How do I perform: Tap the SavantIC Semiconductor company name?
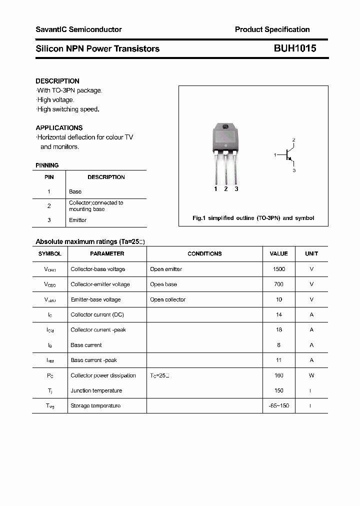pyautogui.click(x=78, y=29)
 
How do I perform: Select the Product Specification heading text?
pyautogui.click(x=272, y=29)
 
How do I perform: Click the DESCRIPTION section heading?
pyautogui.click(x=57, y=81)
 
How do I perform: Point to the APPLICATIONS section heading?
pyautogui.click(x=59, y=127)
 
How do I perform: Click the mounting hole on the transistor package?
pyautogui.click(x=225, y=127)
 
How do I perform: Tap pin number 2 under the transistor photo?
pyautogui.click(x=226, y=189)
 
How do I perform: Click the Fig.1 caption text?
pyautogui.click(x=253, y=218)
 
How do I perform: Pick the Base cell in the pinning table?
pyautogui.click(x=75, y=191)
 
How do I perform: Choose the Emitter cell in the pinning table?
pyautogui.click(x=78, y=220)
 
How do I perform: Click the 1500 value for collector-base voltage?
pyautogui.click(x=279, y=269)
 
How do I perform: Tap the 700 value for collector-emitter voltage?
pyautogui.click(x=279, y=284)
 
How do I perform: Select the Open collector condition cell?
pyautogui.click(x=167, y=299)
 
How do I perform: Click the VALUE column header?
pyautogui.click(x=279, y=253)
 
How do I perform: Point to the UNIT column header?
pyautogui.click(x=311, y=253)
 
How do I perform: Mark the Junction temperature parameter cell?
pyautogui.click(x=96, y=390)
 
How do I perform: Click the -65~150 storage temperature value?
pyautogui.click(x=279, y=405)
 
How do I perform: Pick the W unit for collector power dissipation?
pyautogui.click(x=311, y=375)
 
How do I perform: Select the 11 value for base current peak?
pyautogui.click(x=279, y=360)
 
